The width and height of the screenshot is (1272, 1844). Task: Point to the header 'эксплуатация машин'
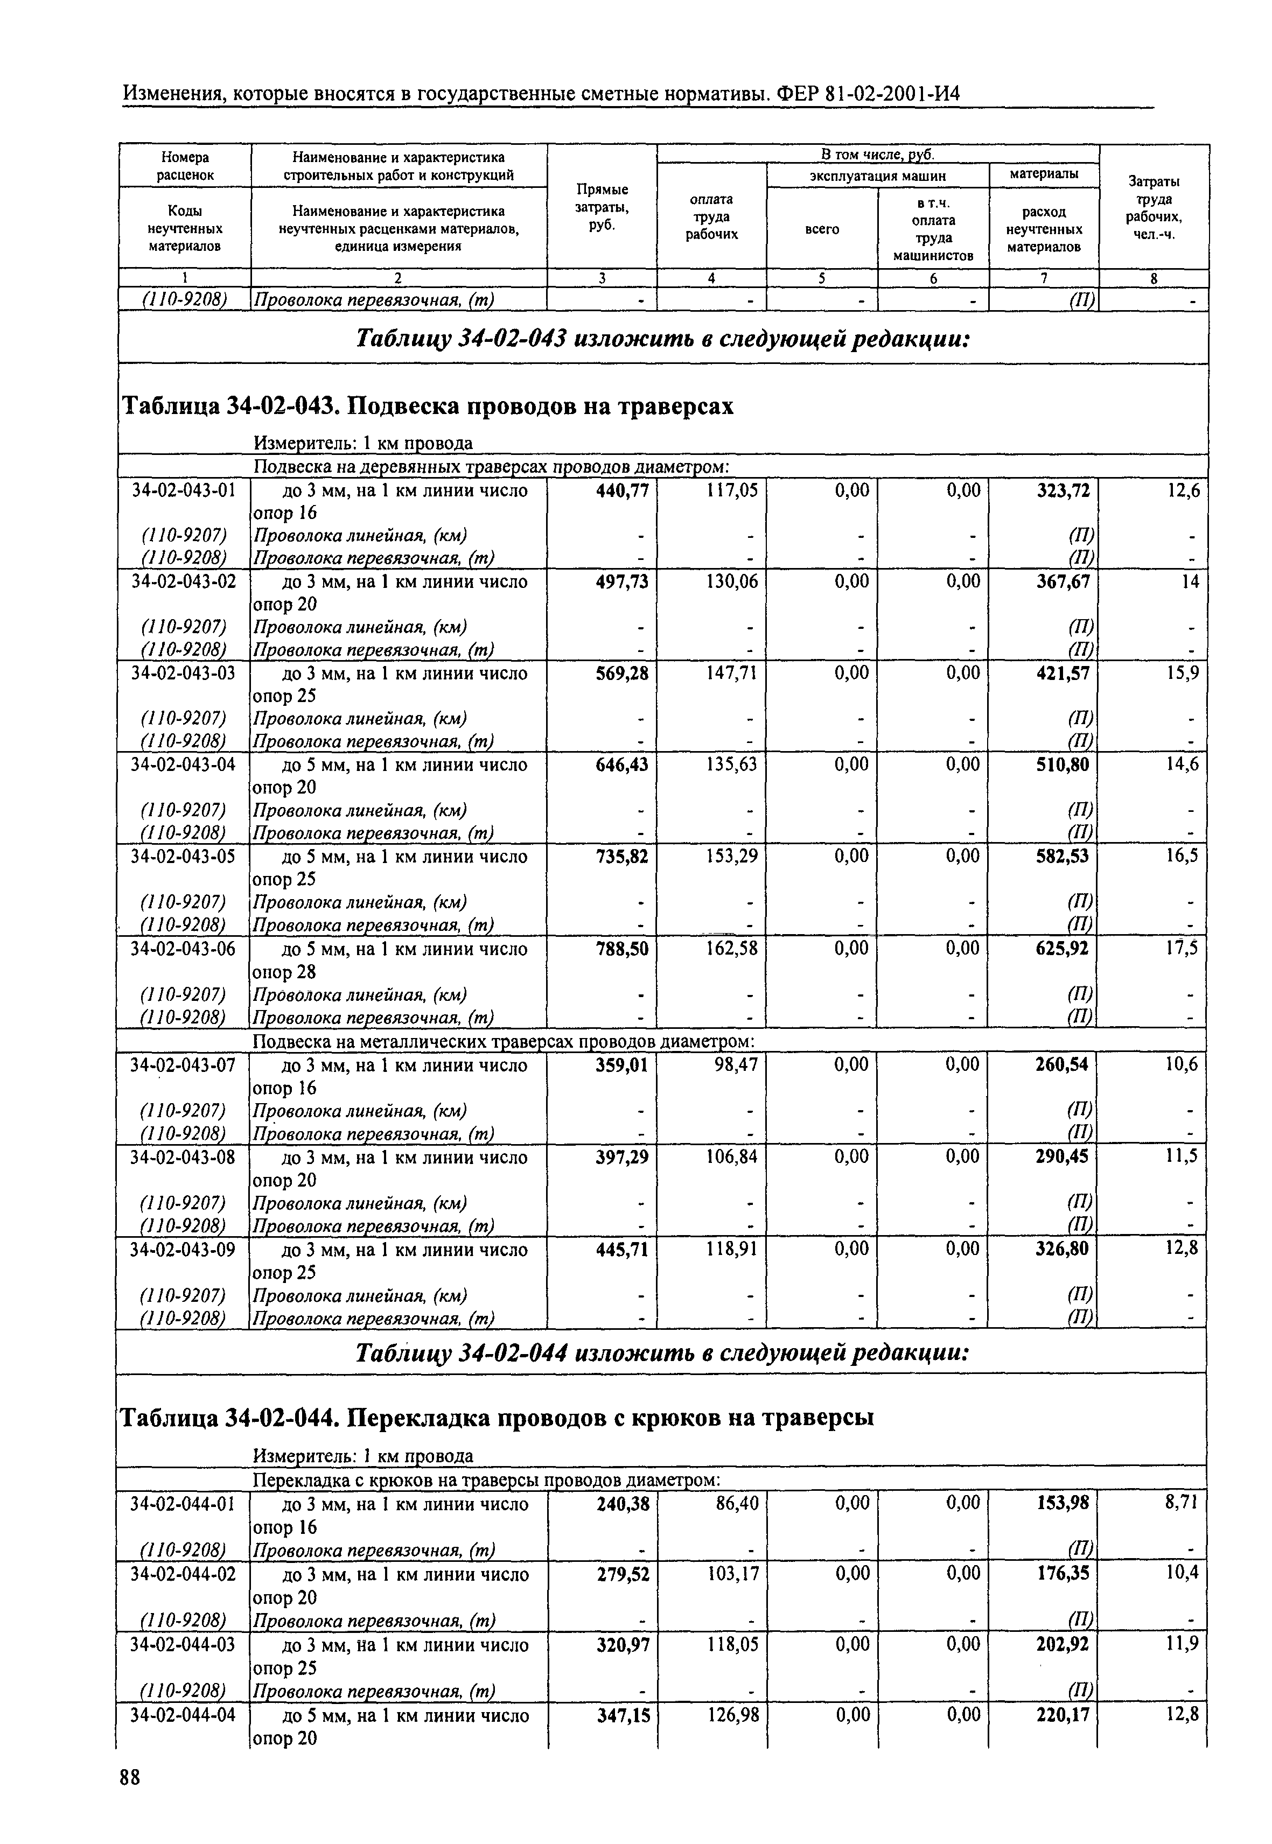[877, 176]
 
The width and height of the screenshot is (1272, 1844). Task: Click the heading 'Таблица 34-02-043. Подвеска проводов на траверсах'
[427, 407]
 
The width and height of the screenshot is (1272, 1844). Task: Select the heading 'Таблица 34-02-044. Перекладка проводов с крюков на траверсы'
[496, 1419]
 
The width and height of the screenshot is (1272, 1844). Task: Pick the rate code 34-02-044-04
[183, 1715]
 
